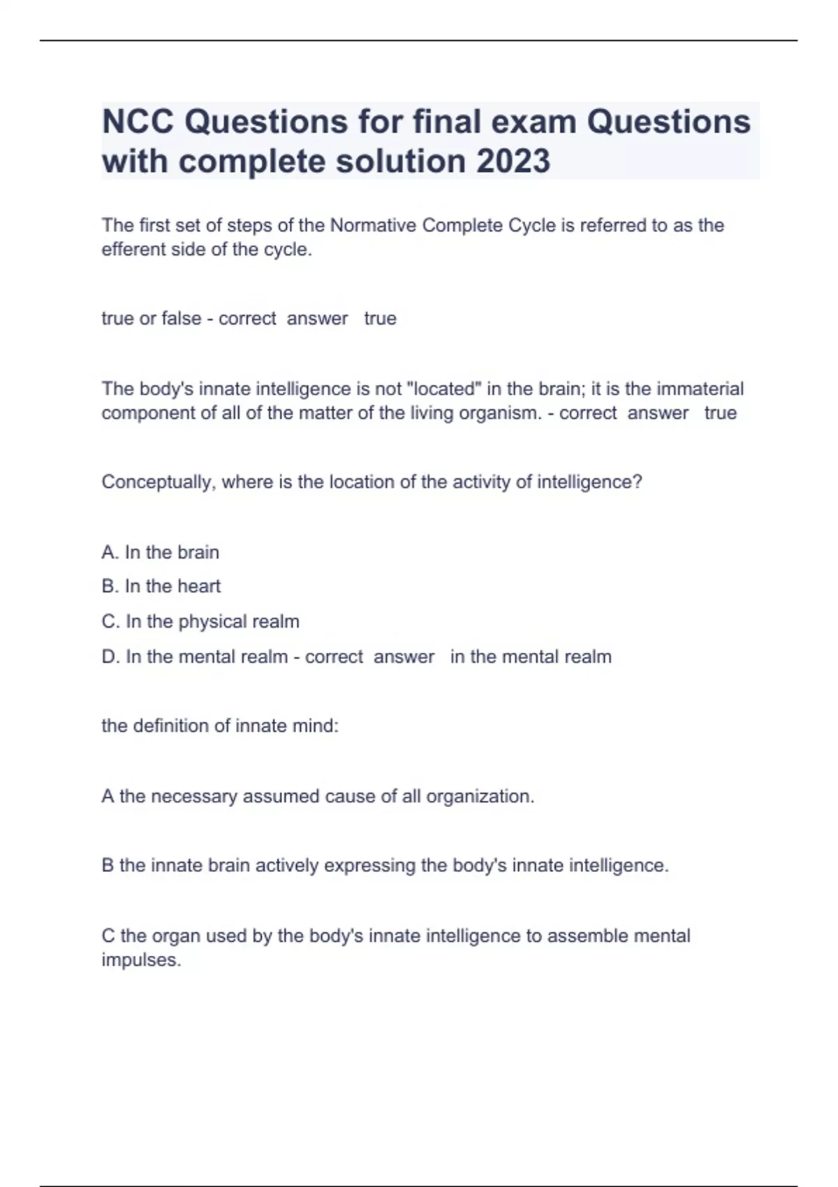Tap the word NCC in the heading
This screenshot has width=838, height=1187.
click(x=138, y=122)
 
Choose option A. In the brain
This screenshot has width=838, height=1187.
click(x=161, y=552)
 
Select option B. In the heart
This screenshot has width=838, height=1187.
click(x=161, y=587)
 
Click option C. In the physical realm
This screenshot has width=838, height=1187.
click(x=200, y=621)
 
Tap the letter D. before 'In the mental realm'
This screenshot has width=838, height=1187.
click(x=110, y=657)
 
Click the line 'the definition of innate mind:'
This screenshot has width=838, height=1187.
click(x=220, y=726)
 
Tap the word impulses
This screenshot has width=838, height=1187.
click(x=141, y=960)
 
